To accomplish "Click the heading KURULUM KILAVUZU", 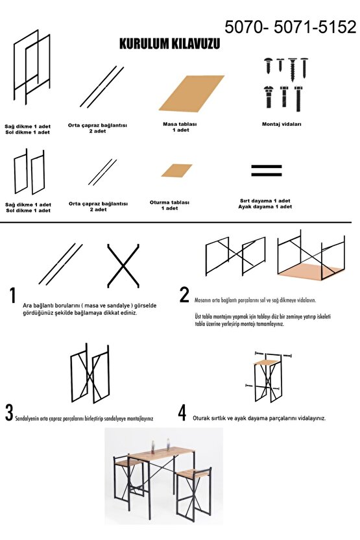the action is pos(169,44).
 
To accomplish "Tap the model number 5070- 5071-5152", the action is pos(291,27).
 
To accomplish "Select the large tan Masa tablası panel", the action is pos(191,93).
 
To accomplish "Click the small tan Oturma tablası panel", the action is pos(176,171).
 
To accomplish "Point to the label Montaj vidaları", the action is pos(282,125).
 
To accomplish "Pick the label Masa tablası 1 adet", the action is pos(180,127).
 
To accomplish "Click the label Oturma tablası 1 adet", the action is pos(169,205).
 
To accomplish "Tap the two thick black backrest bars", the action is pos(267,171).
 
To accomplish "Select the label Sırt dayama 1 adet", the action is pos(265,201).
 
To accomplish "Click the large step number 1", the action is pos(13,295).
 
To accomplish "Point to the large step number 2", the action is pos(184,295).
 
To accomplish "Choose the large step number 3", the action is pos(9,413).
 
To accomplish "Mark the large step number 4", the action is pos(182,413).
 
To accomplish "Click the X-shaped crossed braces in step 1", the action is pos(123,265).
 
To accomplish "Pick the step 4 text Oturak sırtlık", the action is pos(209,419).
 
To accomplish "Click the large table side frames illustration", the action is pos(32,67).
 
